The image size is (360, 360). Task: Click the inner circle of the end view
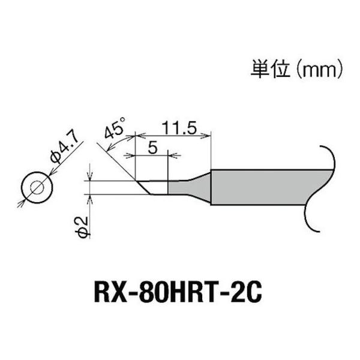[35, 187]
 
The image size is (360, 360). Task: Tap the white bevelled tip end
[154, 187]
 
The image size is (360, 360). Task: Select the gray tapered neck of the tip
[189, 187]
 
